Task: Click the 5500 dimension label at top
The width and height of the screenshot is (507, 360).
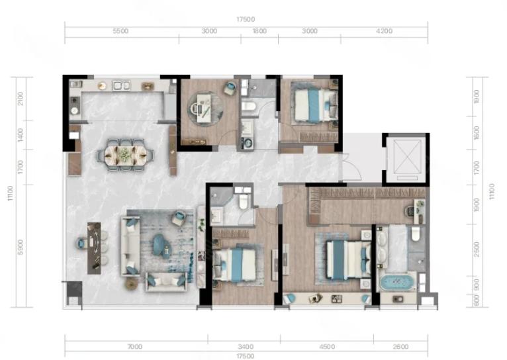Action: coord(120,31)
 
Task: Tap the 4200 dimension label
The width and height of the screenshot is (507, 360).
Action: coord(385,31)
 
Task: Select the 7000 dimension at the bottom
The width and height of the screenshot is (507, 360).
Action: coord(134,347)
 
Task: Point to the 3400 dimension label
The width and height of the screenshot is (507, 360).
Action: coord(246,347)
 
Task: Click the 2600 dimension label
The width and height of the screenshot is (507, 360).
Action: coord(400,347)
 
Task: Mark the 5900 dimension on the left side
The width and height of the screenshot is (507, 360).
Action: coord(21,247)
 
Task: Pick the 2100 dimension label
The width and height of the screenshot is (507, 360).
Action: coord(21,99)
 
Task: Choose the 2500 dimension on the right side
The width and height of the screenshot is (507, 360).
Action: coord(477,249)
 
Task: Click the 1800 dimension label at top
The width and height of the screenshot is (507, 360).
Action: coord(259,31)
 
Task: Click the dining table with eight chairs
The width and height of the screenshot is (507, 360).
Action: coord(126,155)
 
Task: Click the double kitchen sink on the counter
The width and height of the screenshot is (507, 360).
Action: coord(121,85)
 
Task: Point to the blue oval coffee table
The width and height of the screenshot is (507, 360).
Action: coord(161,245)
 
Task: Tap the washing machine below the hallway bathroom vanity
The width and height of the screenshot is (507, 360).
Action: coord(248,143)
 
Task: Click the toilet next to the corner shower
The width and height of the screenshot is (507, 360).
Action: coord(243,201)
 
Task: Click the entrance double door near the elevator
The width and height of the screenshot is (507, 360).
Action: coord(351,166)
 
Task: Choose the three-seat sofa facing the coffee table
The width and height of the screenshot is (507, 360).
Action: coord(130,246)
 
